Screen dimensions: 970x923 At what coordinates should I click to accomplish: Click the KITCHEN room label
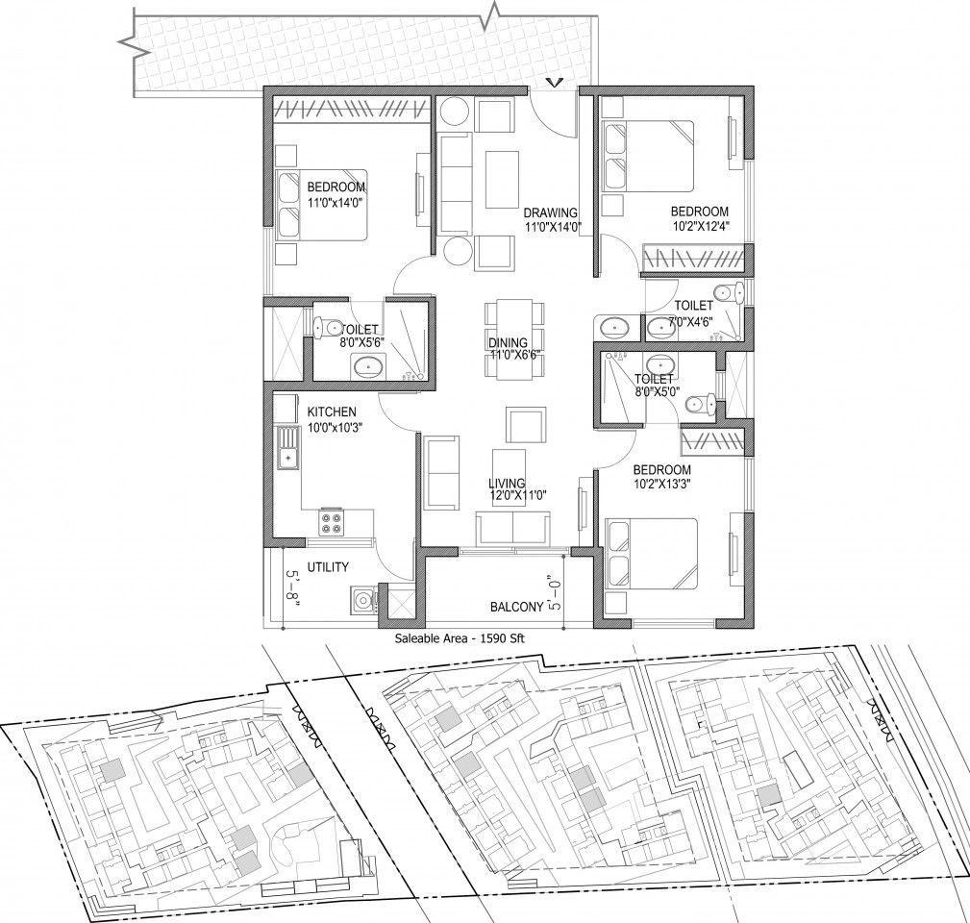pyautogui.click(x=333, y=412)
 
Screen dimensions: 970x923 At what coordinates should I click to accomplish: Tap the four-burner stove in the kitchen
pyautogui.click(x=331, y=522)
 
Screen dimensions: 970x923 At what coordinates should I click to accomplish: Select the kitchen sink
pyautogui.click(x=287, y=448)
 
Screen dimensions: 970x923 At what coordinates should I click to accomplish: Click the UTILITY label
pyautogui.click(x=329, y=567)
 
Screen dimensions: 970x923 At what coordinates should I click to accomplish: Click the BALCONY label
pyautogui.click(x=516, y=608)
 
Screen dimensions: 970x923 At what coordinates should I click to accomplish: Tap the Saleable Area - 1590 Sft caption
pyautogui.click(x=460, y=638)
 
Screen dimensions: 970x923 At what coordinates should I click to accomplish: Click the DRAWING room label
pyautogui.click(x=551, y=213)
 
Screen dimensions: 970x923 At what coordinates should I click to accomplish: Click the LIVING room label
pyautogui.click(x=507, y=484)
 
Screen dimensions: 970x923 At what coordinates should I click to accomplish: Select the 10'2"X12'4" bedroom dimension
pyautogui.click(x=700, y=226)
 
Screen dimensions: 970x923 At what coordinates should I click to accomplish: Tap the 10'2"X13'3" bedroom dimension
pyautogui.click(x=661, y=485)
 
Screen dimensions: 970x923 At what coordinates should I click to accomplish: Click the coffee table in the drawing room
pyautogui.click(x=502, y=180)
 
